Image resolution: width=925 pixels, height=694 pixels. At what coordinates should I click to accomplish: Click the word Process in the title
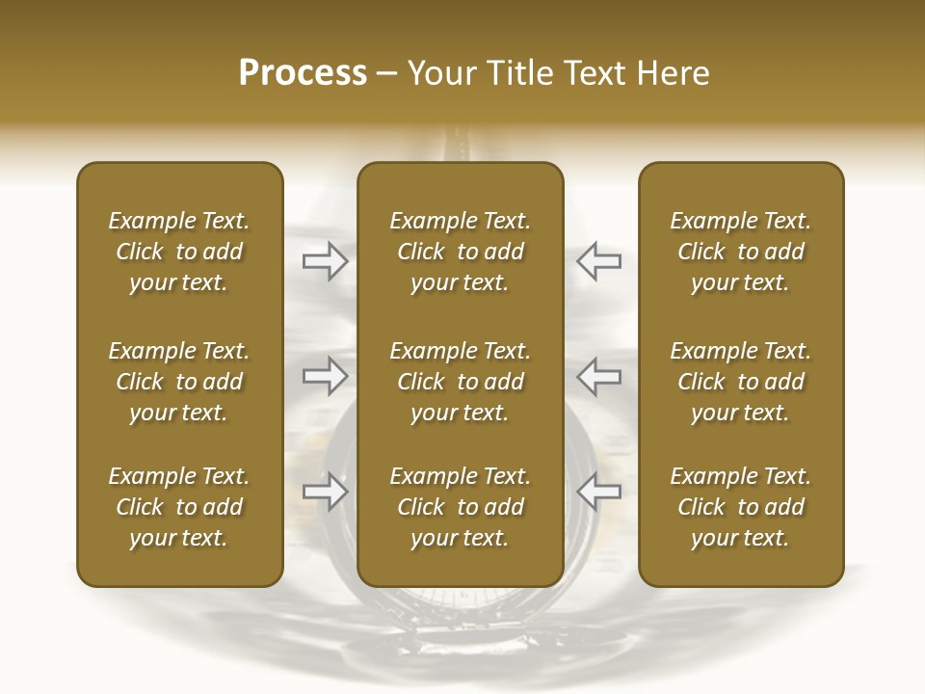[303, 73]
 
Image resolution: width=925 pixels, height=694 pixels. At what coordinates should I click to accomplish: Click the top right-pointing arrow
[325, 260]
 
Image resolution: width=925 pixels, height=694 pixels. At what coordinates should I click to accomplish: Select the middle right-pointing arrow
[325, 376]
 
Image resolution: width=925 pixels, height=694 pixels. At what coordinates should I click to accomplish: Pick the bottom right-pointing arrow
[325, 492]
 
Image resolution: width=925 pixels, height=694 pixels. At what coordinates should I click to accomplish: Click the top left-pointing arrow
[599, 260]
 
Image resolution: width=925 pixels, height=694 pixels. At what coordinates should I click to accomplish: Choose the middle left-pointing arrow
[599, 376]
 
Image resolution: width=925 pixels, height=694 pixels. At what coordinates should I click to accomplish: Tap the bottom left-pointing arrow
[599, 492]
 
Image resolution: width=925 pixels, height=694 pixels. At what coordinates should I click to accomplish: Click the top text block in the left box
[179, 252]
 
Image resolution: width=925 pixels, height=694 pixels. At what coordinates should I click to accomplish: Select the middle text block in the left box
[179, 382]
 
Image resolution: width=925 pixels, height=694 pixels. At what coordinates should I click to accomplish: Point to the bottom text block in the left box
[179, 507]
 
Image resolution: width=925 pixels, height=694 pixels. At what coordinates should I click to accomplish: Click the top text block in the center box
[461, 252]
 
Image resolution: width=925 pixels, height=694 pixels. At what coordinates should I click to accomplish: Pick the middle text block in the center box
[461, 382]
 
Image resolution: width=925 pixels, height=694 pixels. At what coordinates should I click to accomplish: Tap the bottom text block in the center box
[461, 507]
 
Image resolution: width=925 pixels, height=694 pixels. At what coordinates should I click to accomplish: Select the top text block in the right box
[741, 252]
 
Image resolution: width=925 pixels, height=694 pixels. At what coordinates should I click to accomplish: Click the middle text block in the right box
[741, 382]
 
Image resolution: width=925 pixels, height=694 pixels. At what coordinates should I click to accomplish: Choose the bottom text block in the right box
[741, 507]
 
